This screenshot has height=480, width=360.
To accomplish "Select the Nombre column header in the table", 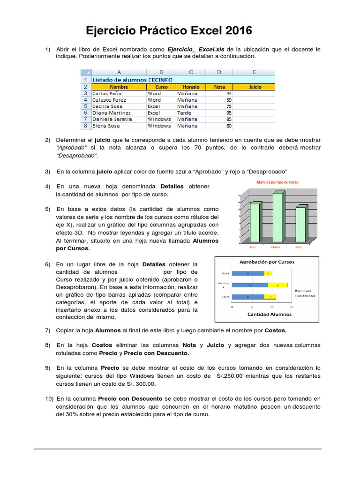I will tap(119, 87).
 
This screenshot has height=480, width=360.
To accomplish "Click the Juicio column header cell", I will tap(255, 87).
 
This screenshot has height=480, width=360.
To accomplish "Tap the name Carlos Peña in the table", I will tap(107, 93).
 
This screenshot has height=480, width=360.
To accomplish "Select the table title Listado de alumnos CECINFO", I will tap(132, 80).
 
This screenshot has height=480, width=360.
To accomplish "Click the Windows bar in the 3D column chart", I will tap(277, 217).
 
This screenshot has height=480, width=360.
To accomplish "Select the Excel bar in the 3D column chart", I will tap(254, 223).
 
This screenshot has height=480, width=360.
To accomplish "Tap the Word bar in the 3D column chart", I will tap(300, 225).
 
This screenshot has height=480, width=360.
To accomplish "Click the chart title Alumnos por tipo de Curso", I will tap(277, 182).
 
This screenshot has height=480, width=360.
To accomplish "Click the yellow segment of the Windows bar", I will tap(277, 285).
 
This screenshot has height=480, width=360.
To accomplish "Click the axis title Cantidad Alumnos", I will tap(269, 314).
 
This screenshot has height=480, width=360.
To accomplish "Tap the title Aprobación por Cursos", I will tap(267, 262).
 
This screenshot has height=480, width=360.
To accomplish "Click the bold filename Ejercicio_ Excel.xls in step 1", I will tap(195, 49).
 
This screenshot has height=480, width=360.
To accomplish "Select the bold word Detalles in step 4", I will tap(172, 186).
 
